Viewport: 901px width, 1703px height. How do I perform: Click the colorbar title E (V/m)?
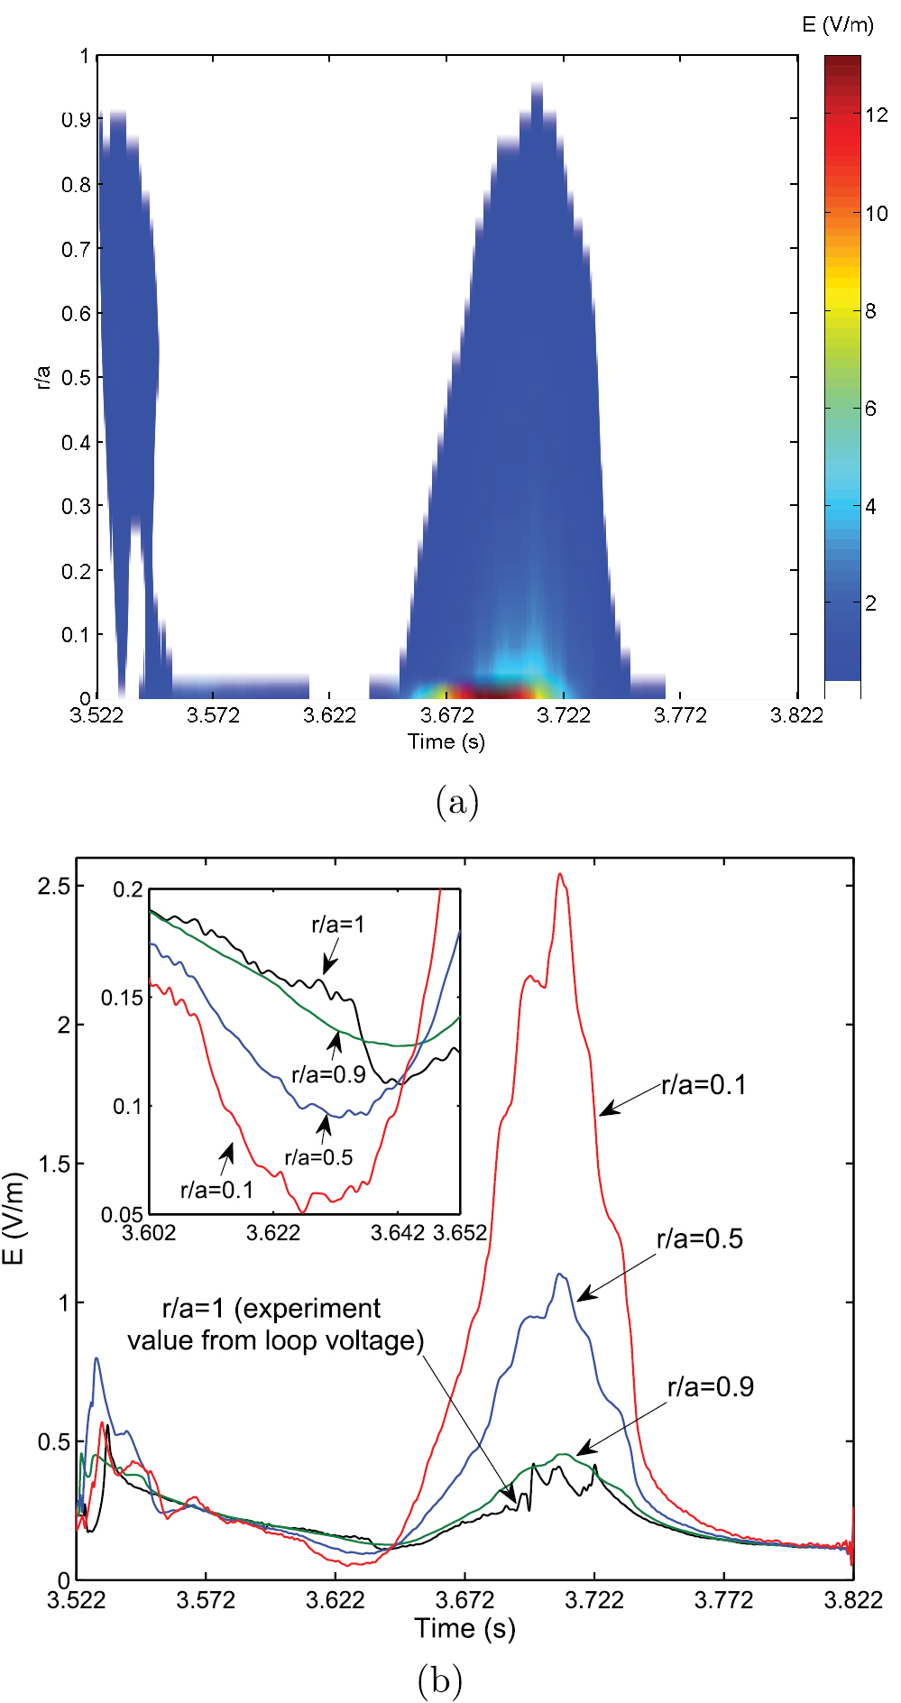pos(837,25)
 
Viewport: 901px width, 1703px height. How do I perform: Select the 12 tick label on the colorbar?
pos(876,115)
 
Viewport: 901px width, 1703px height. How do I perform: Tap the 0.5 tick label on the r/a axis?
pos(76,377)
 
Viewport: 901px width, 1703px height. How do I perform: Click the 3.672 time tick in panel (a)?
pos(447,715)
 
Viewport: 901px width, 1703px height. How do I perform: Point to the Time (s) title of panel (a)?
pos(446,741)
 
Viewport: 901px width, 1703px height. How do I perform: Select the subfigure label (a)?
pos(456,801)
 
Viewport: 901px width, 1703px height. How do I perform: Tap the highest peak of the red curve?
pos(560,874)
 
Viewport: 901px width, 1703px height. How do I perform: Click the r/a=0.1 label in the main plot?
pos(703,1085)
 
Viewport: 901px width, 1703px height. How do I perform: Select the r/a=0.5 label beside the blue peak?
pos(700,1239)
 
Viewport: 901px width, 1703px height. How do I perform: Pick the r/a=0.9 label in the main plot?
pos(710,1387)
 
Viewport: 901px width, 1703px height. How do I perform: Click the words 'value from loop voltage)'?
pos(275,1341)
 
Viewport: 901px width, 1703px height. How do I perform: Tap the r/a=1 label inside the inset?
pos(338,924)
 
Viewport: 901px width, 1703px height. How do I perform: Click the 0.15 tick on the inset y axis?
pos(122,998)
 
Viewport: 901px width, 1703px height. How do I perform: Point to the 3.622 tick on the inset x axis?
pos(273,1232)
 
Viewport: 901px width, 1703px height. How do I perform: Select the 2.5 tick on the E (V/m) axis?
pos(53,886)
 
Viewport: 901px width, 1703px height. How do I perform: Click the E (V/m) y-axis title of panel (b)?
pos(14,1218)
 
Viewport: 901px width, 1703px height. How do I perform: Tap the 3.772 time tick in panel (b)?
pos(723,1600)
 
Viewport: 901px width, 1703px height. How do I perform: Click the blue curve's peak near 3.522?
pos(97,1359)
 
